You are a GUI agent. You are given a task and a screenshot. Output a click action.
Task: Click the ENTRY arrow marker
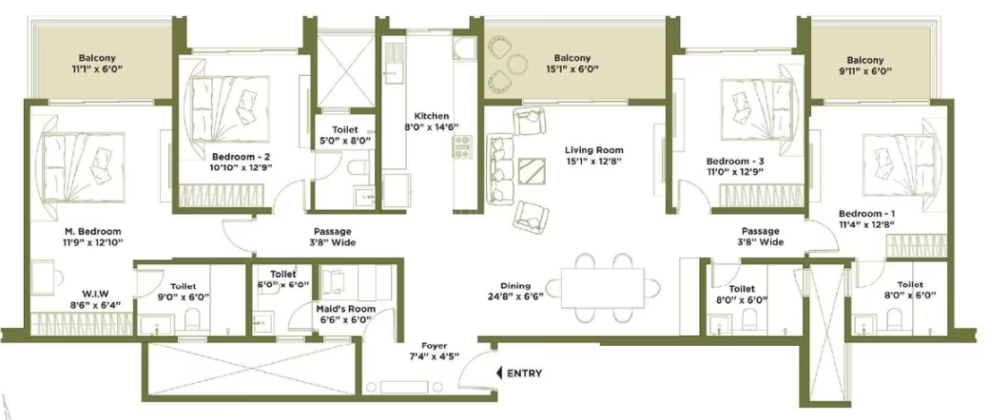click(x=500, y=373)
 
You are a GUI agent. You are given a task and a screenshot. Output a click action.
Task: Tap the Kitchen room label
click(x=432, y=116)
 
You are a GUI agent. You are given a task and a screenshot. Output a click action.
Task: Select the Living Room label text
click(x=593, y=150)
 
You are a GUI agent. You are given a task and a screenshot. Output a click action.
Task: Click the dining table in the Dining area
click(x=603, y=288)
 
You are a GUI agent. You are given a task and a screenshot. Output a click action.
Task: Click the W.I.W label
click(x=95, y=294)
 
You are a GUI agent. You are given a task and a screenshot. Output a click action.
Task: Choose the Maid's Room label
click(x=345, y=309)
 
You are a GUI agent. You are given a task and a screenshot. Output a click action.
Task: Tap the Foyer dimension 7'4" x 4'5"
click(x=434, y=355)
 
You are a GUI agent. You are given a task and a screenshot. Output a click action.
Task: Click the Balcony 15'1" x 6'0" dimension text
click(x=572, y=68)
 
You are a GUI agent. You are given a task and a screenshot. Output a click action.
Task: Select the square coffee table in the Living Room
click(x=532, y=171)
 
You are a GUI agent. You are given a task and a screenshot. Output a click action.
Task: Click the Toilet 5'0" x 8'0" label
click(x=343, y=134)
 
